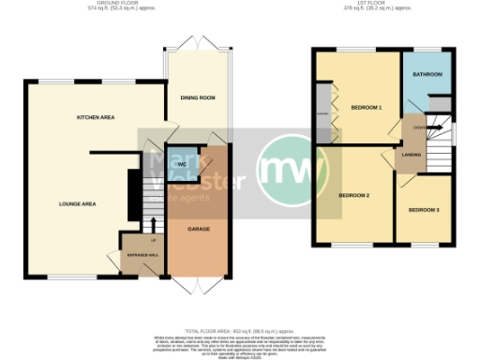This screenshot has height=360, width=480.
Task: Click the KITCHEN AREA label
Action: pyautogui.click(x=96, y=117)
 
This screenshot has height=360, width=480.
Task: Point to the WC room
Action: pyautogui.click(x=182, y=165)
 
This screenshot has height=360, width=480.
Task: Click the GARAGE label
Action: pyautogui.click(x=198, y=229)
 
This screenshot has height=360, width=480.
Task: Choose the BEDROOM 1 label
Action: pyautogui.click(x=367, y=108)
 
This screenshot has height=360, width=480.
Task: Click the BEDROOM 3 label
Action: pyautogui.click(x=423, y=209)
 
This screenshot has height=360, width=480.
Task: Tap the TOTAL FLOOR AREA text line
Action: pyautogui.click(x=240, y=333)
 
